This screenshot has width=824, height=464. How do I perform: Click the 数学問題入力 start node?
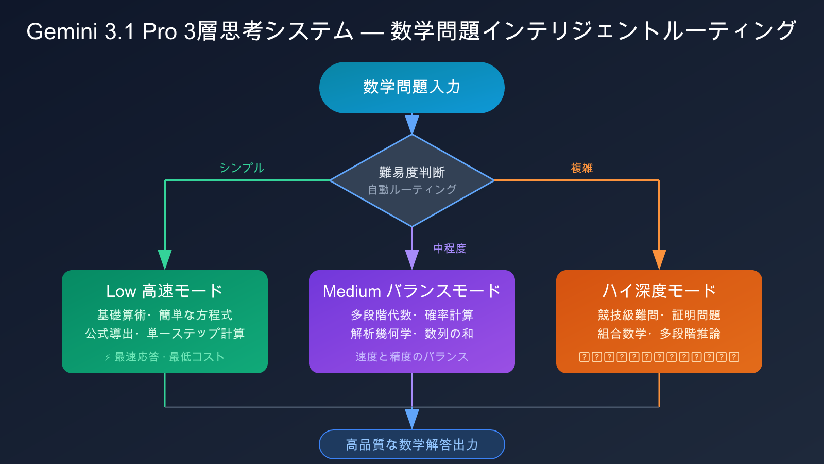[x=411, y=87]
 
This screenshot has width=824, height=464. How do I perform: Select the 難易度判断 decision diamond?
[x=411, y=180]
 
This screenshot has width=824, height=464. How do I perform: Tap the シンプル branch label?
[x=242, y=168]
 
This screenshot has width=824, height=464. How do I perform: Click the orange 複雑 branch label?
[x=582, y=168]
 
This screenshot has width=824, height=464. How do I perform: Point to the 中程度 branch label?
[x=450, y=248]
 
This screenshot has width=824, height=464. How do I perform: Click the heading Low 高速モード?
[x=164, y=291]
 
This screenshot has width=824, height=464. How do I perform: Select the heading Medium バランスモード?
[x=411, y=291]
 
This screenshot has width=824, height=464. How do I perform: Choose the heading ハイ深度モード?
[x=659, y=291]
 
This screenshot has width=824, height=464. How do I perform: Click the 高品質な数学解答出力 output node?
[x=411, y=444]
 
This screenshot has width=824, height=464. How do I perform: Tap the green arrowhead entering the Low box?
[x=165, y=259]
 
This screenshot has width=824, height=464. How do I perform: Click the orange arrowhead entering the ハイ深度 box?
[x=659, y=259]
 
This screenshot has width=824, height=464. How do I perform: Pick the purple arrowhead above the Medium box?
[x=412, y=259]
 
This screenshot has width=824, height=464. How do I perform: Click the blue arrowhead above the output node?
[x=412, y=418]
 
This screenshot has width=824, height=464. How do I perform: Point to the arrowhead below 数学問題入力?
[x=412, y=124]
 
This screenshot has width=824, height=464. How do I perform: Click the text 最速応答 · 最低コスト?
[x=165, y=357]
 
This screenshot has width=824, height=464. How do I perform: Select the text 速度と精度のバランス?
[x=411, y=357]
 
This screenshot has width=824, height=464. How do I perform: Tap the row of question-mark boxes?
[x=659, y=357]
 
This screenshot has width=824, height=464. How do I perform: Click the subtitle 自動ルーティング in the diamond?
[x=411, y=190]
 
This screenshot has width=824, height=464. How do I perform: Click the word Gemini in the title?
[x=62, y=31]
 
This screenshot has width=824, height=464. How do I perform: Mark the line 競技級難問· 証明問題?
[x=659, y=315]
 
